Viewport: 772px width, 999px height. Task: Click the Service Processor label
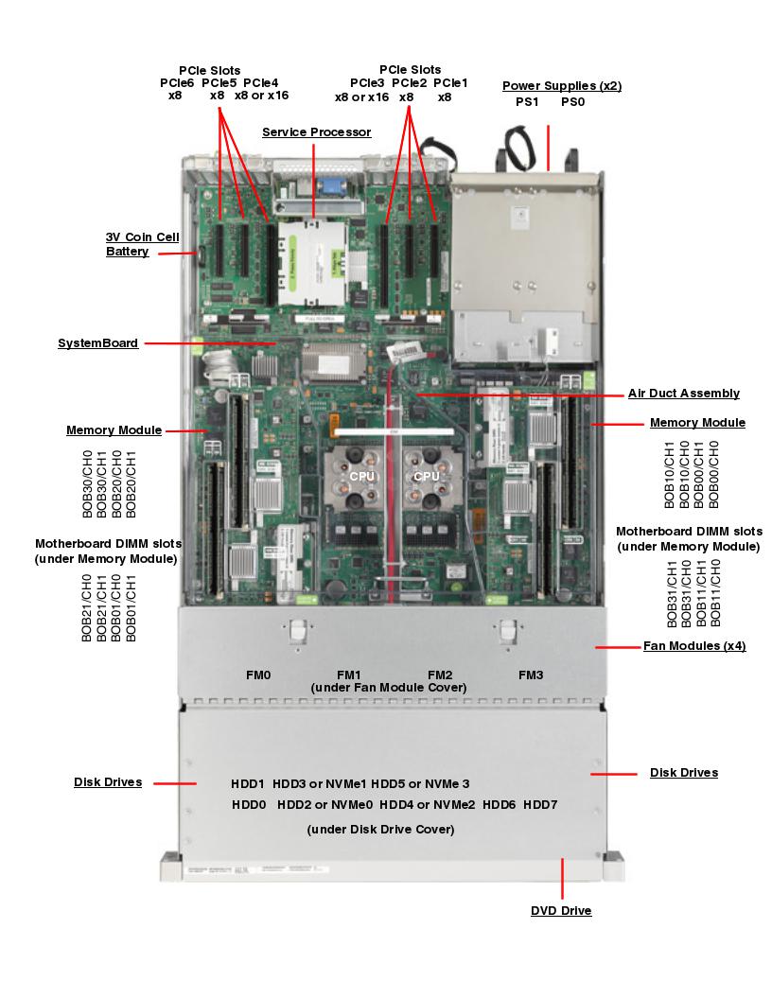(316, 132)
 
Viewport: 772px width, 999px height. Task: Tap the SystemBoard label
(97, 343)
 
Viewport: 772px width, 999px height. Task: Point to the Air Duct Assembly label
(684, 394)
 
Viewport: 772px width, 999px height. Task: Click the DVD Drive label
(561, 911)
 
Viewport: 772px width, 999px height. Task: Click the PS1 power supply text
(527, 101)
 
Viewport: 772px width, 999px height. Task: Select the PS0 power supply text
(572, 101)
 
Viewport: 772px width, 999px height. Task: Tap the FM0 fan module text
(257, 675)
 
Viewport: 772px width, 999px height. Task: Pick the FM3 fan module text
(531, 675)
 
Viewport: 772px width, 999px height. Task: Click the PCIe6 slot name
(176, 83)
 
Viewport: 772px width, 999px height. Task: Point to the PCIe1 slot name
(450, 83)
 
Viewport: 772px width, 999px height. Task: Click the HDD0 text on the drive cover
(248, 804)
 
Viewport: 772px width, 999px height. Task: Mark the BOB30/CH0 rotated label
(88, 483)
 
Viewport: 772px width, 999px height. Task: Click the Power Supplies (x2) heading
(561, 86)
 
